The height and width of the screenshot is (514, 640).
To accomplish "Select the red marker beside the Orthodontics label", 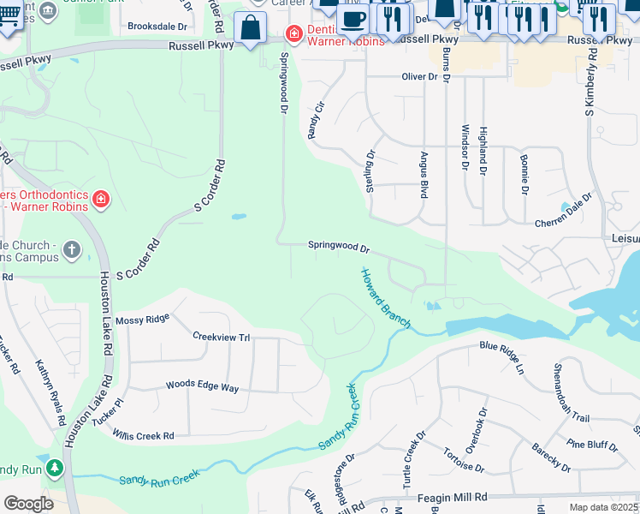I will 101,200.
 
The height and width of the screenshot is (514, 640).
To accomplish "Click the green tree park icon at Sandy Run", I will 55,469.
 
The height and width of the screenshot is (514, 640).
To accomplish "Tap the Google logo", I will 28,503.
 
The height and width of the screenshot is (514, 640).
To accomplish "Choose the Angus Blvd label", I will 424,176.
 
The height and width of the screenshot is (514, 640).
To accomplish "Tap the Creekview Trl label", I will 221,337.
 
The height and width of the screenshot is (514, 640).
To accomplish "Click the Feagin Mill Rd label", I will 451,497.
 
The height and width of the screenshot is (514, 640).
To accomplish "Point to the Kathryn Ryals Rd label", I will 50,394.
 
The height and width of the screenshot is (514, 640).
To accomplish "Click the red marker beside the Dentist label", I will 294,34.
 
